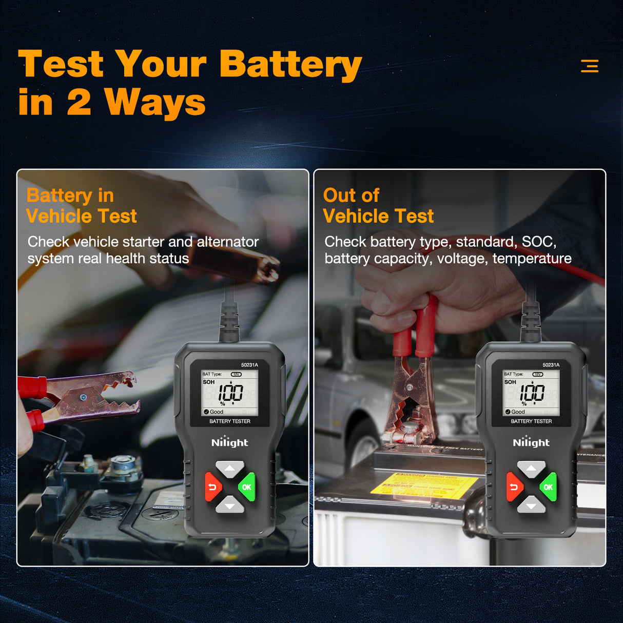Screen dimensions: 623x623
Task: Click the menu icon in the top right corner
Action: click(589, 66)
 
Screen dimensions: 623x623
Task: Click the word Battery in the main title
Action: click(290, 65)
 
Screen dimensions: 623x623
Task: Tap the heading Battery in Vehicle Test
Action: click(81, 205)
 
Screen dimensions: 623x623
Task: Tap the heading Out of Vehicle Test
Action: click(378, 205)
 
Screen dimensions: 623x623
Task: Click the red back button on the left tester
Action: click(212, 487)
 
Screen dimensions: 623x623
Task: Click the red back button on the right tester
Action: click(514, 487)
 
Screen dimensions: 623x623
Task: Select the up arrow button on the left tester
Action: click(229, 469)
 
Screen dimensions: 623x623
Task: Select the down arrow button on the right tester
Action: click(531, 506)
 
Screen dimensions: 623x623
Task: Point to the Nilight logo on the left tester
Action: click(229, 442)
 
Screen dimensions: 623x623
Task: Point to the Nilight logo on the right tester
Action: click(531, 442)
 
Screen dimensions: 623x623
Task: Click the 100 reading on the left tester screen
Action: click(230, 393)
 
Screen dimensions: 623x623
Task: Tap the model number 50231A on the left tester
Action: click(249, 365)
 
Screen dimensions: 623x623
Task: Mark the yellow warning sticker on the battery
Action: click(424, 485)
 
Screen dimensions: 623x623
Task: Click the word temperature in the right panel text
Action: click(532, 259)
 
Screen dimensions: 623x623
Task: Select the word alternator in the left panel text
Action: click(228, 242)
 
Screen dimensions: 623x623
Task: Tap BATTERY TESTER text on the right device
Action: click(531, 421)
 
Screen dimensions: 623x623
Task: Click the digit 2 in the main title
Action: click(79, 102)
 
